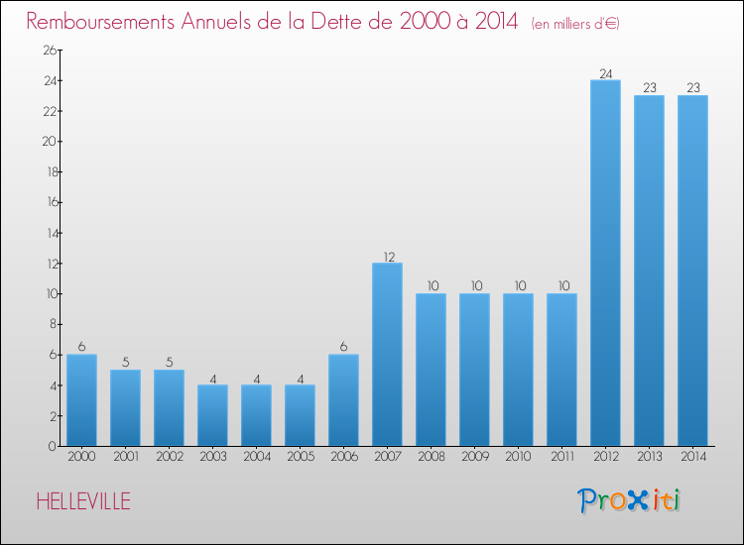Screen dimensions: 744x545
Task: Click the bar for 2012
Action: coord(605,263)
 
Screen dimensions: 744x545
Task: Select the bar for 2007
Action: coord(387,355)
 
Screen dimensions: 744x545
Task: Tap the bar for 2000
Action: coord(81,400)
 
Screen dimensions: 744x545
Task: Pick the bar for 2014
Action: coord(692,271)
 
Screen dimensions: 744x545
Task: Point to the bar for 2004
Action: coord(256,415)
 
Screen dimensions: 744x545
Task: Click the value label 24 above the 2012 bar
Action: coord(606,74)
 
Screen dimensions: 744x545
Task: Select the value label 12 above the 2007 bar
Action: coord(389,257)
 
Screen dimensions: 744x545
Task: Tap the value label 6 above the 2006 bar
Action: coord(343,347)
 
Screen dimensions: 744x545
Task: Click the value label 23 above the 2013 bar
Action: coord(650,87)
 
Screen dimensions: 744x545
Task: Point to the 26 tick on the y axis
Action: coord(50,50)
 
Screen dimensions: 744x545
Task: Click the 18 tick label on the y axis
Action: coord(52,171)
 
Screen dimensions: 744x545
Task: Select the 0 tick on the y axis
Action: coord(53,446)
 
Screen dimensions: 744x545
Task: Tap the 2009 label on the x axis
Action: coord(475,457)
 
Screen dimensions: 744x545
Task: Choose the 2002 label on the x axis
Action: coord(170,457)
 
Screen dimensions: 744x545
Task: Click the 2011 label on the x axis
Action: coord(562,457)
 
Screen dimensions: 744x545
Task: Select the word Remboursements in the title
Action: coord(100,22)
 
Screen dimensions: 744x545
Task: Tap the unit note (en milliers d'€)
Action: coord(575,24)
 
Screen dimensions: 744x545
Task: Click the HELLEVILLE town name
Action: coord(83,501)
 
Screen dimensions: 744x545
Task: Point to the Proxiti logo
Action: coord(629,500)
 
